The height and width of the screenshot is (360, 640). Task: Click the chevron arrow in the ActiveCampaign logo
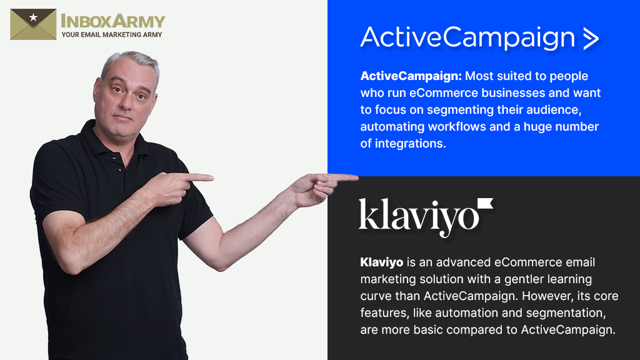pos(590,38)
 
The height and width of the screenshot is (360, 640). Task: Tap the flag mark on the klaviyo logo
pos(485,204)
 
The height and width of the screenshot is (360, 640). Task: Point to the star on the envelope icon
pos(32,17)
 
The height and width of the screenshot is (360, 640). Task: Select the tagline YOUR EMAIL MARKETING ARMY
pos(111,34)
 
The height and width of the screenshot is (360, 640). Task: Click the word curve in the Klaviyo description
pos(376,296)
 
